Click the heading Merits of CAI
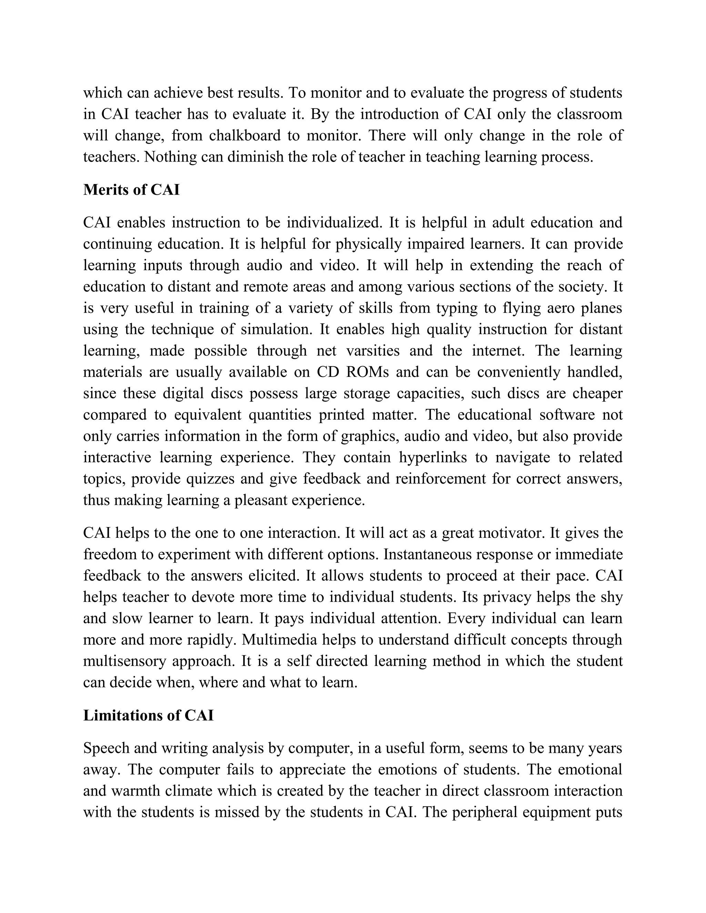pyautogui.click(x=131, y=190)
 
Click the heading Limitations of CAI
pyautogui.click(x=149, y=715)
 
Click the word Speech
pyautogui.click(x=106, y=748)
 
